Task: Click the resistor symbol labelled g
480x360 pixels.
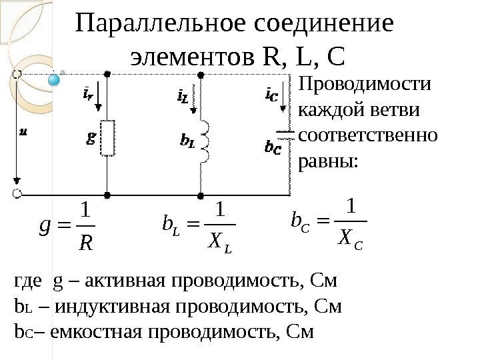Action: click(107, 137)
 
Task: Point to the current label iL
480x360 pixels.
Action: click(181, 98)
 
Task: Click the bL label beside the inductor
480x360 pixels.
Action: click(187, 142)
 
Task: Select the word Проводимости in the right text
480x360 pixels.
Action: click(365, 86)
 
